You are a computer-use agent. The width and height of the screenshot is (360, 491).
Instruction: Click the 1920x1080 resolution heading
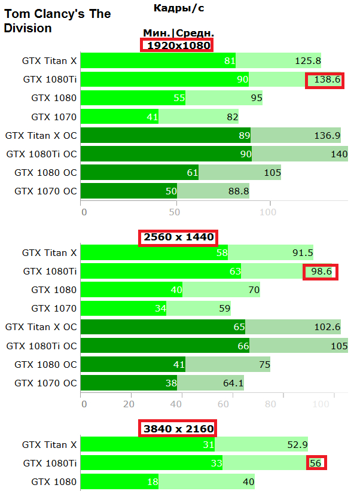pyautogui.click(x=177, y=45)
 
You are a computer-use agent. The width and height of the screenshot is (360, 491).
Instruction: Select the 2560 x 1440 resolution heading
pyautogui.click(x=179, y=237)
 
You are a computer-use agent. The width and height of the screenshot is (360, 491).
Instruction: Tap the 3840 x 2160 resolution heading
pyautogui.click(x=178, y=428)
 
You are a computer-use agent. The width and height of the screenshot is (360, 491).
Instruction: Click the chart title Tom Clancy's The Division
pyautogui.click(x=57, y=21)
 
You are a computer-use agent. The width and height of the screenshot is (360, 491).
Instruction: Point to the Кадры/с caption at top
pyautogui.click(x=178, y=8)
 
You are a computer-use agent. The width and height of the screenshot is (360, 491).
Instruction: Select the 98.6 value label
pyautogui.click(x=321, y=272)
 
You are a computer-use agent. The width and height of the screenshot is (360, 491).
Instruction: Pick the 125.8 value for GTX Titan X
pyautogui.click(x=307, y=60)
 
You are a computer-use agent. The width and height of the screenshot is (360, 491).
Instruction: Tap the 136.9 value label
pyautogui.click(x=327, y=136)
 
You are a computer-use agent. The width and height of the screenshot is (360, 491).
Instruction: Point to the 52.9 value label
pyautogui.click(x=297, y=444)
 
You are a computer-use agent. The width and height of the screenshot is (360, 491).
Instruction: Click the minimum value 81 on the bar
pyautogui.click(x=230, y=60)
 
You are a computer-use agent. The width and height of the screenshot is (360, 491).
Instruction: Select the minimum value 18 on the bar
pyautogui.click(x=152, y=481)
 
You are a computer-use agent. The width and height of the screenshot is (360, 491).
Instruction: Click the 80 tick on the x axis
pyautogui.click(x=270, y=404)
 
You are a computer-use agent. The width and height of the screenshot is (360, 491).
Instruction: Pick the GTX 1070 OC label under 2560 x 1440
pyautogui.click(x=45, y=383)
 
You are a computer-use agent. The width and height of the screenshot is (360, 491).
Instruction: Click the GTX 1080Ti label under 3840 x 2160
pyautogui.click(x=50, y=463)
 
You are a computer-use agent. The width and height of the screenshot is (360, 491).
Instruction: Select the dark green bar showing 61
pyautogui.click(x=139, y=173)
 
